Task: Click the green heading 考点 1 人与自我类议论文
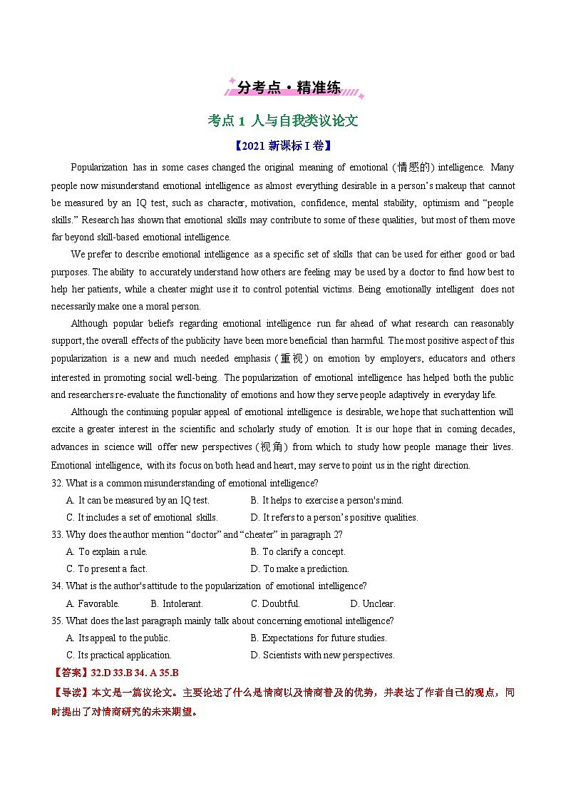point(282,121)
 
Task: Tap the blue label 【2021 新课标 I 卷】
point(282,146)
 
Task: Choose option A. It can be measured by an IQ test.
point(138,501)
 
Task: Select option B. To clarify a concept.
point(298,552)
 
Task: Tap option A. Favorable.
point(93,604)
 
